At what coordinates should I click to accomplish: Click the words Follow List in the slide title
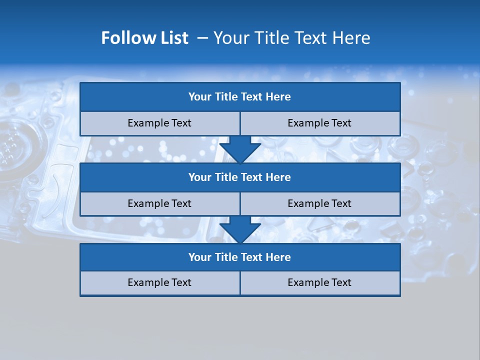coord(145,38)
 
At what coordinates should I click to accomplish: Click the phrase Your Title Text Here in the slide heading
coord(291,38)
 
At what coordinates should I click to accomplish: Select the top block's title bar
coord(240,97)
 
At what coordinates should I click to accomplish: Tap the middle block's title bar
coord(240,177)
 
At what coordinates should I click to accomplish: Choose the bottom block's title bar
coord(240,257)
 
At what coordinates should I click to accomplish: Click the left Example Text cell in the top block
coord(159,123)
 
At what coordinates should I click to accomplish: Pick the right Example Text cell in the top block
coord(320,123)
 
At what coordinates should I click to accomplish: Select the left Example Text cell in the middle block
coord(159,203)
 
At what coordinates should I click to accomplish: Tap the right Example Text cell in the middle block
coord(320,203)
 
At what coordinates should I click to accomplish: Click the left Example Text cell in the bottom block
coord(159,282)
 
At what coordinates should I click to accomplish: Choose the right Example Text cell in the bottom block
coord(320,282)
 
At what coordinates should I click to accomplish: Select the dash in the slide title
coord(203,38)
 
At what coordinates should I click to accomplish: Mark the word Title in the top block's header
coord(226,97)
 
